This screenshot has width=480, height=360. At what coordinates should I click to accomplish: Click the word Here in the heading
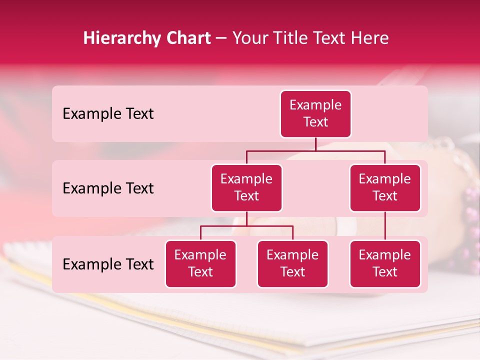[x=370, y=38]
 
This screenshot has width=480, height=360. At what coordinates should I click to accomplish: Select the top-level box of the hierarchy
[x=315, y=114]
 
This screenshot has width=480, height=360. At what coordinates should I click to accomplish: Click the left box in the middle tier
[x=246, y=188]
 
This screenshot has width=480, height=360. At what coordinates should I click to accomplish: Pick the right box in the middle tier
[x=385, y=188]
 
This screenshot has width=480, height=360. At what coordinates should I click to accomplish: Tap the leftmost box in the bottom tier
[x=200, y=264]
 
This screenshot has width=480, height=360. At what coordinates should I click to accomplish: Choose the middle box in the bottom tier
[x=292, y=264]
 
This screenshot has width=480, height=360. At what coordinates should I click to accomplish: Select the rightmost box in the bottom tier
[x=385, y=264]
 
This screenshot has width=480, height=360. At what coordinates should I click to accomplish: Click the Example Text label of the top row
[x=108, y=114]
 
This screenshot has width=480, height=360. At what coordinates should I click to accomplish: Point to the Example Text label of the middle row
[x=108, y=188]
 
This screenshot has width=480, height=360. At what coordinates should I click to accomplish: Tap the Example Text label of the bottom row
[x=108, y=264]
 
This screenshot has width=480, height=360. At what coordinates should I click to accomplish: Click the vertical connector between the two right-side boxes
[x=385, y=226]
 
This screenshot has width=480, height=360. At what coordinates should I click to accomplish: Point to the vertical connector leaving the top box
[x=315, y=144]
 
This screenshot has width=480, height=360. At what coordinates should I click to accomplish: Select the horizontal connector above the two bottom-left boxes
[x=246, y=226]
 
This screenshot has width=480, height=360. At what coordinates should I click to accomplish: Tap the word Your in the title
[x=250, y=38]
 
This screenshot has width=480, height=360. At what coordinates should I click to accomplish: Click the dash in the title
[x=221, y=38]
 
